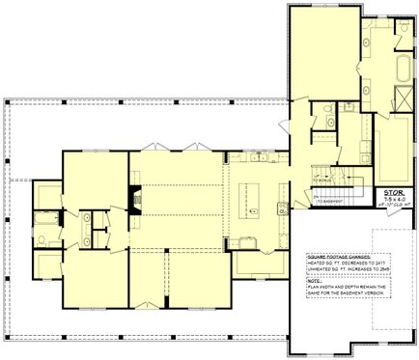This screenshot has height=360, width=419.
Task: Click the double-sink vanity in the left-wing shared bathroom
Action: (x=87, y=225)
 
